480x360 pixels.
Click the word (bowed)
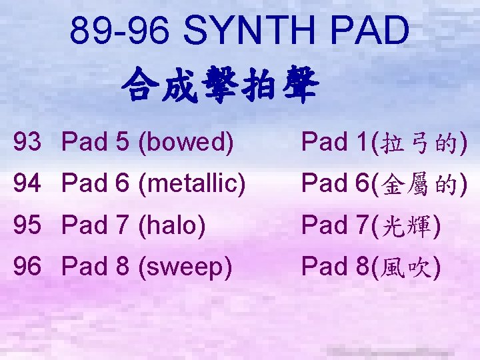[x=185, y=142]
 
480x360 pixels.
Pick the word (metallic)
[x=191, y=183]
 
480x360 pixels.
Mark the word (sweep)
[x=186, y=268]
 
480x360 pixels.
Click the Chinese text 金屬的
[x=422, y=183]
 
